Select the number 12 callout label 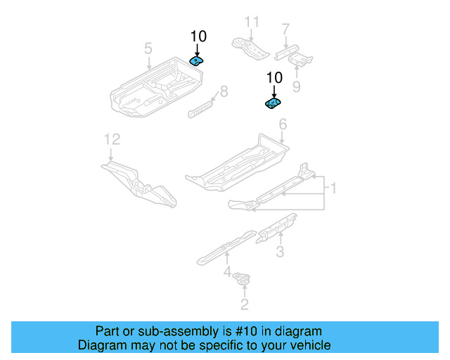tap(112, 139)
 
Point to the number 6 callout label tap(283, 124)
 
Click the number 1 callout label tap(333, 188)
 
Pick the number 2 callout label tap(244, 304)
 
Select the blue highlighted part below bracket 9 tap(273, 104)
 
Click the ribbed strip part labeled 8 tap(201, 108)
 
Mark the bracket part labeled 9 tap(301, 60)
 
